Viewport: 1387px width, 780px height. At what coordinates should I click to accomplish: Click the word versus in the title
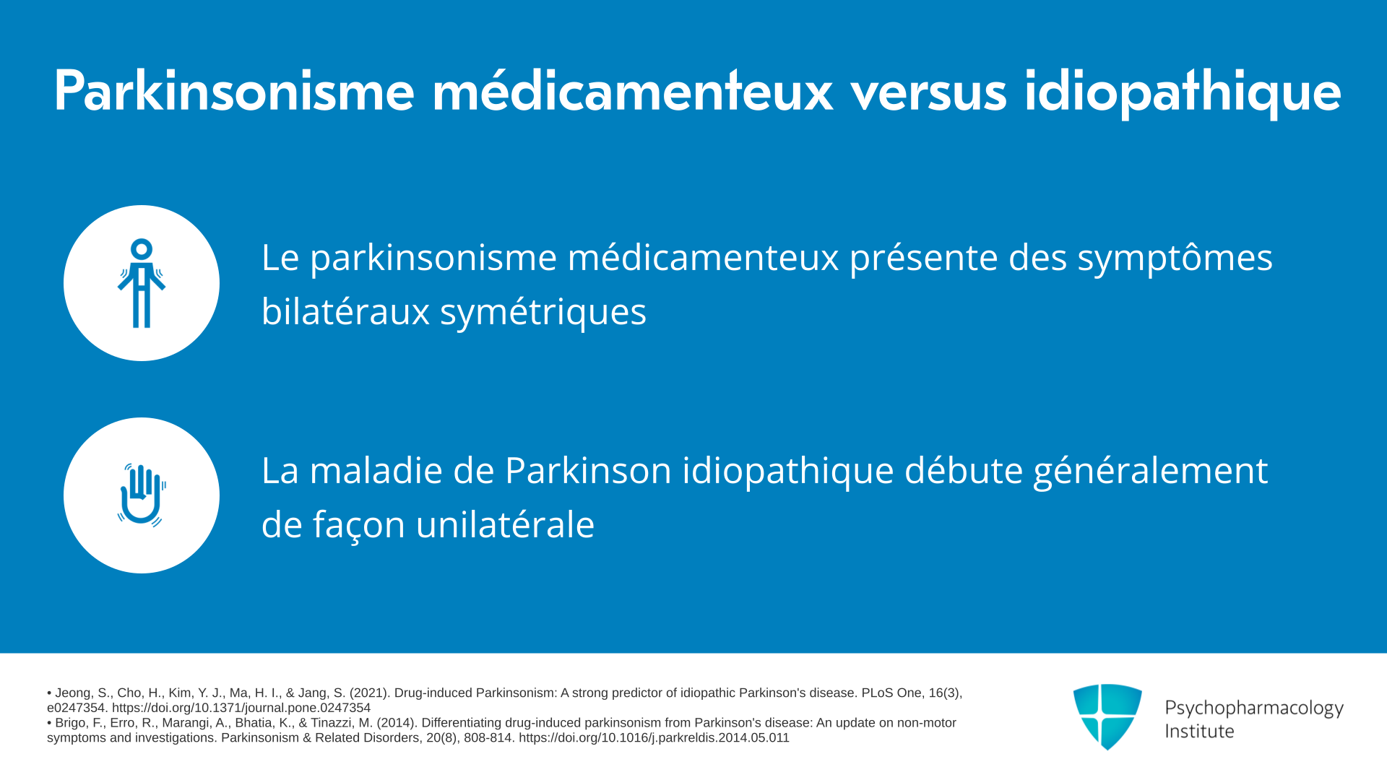click(x=928, y=93)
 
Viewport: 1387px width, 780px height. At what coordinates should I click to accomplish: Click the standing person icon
click(x=142, y=283)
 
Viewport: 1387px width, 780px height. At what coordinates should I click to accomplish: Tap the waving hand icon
click(x=142, y=495)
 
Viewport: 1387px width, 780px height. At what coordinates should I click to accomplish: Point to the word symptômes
click(x=1175, y=259)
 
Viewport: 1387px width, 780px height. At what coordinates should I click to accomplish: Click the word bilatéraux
click(x=345, y=311)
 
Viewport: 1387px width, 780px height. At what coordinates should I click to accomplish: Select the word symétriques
click(x=543, y=313)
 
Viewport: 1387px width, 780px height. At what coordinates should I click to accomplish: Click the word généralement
click(x=1150, y=472)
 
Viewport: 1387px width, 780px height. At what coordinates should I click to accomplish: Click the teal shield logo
click(x=1107, y=716)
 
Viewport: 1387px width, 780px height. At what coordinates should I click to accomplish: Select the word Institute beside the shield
click(x=1199, y=732)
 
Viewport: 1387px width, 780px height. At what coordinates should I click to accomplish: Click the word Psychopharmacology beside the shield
click(x=1254, y=708)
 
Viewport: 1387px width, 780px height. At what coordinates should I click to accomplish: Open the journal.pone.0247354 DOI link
click(x=241, y=708)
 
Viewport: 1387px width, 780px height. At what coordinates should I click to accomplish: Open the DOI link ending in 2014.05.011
click(x=654, y=738)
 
